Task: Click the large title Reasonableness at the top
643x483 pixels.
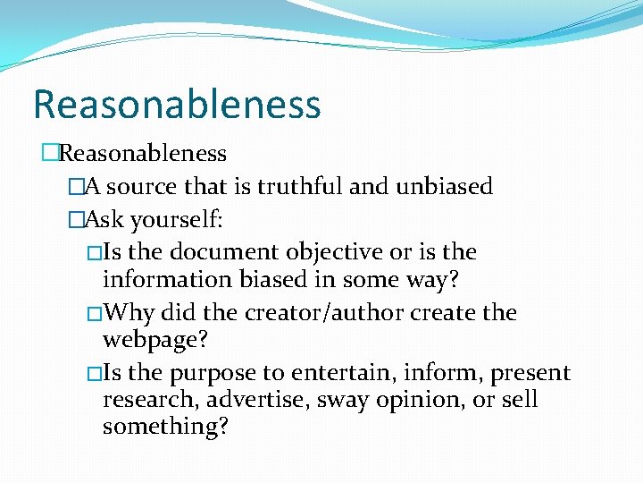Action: point(177,104)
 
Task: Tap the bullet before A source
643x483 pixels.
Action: point(75,187)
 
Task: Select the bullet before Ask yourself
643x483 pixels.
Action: point(75,219)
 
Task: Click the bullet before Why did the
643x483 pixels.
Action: point(96,313)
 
